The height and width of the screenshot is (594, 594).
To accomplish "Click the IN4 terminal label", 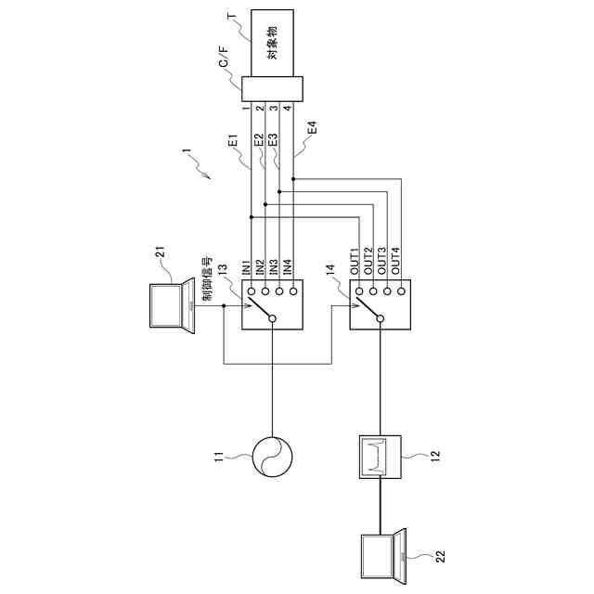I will pyautogui.click(x=288, y=268).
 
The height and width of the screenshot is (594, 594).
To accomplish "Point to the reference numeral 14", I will pyautogui.click(x=331, y=271).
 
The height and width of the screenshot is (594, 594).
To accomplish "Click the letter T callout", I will pyautogui.click(x=231, y=16).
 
